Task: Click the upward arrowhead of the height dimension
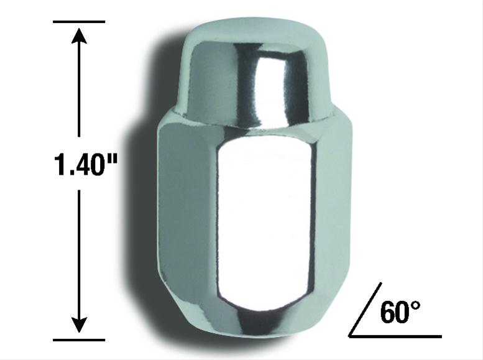[x=79, y=36]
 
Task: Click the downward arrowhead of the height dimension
[x=79, y=325]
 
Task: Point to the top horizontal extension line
[x=79, y=22]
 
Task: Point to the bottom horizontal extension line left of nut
[x=79, y=339]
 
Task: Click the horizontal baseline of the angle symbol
[x=398, y=336]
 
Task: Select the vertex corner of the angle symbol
[x=351, y=336]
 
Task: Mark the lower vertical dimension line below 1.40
[x=79, y=255]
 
